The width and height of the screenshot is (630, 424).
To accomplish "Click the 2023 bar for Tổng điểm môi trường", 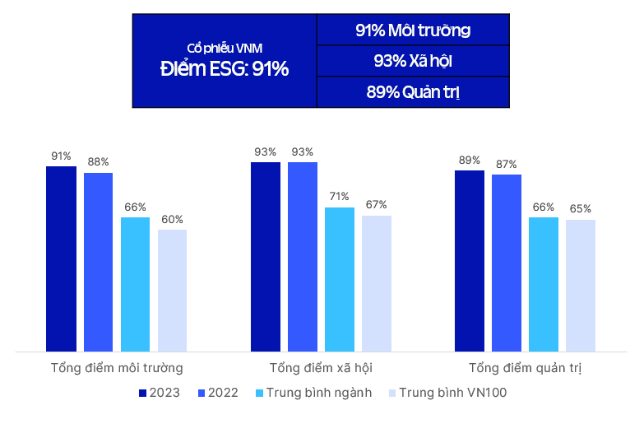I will [x=61, y=259].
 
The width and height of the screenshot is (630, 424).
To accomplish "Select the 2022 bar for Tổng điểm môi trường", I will [x=98, y=262].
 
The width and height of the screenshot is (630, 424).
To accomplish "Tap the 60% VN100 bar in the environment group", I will [x=172, y=291].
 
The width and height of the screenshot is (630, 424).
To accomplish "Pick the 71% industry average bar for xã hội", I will [x=340, y=279].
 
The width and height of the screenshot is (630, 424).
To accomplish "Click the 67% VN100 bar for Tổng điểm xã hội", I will [x=377, y=283].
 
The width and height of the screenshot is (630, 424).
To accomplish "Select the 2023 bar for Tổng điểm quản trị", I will [x=470, y=261].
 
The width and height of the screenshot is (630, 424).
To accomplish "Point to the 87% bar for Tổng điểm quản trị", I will [x=507, y=263].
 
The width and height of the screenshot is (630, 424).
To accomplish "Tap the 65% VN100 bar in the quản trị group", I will [x=581, y=286].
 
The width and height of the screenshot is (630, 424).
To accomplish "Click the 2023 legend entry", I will [x=160, y=393].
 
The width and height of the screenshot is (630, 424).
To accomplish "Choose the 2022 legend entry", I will [x=218, y=393].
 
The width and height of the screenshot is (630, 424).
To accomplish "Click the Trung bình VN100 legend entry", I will [x=447, y=393].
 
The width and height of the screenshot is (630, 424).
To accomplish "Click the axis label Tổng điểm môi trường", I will [x=117, y=367].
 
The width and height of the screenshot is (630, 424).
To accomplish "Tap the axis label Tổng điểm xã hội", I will [x=321, y=367].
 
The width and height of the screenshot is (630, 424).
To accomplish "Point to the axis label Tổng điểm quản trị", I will [x=525, y=367].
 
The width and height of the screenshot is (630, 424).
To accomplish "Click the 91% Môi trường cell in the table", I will [x=413, y=30].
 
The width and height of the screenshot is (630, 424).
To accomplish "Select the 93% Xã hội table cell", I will [x=413, y=61].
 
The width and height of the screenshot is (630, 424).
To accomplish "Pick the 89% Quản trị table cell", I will [x=413, y=91].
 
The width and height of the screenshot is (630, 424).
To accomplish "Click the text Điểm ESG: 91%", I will [x=224, y=69].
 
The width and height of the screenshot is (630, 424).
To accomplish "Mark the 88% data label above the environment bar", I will [x=98, y=162].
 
